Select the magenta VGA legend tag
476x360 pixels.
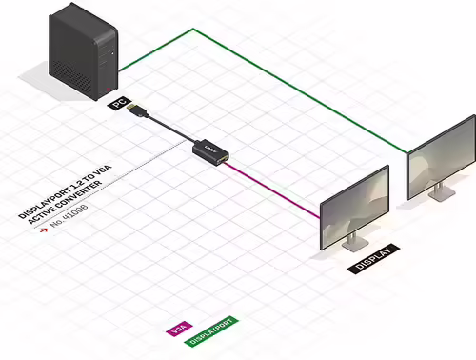point(176,330)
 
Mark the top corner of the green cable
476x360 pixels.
point(193,29)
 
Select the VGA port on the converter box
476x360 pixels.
point(225,154)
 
